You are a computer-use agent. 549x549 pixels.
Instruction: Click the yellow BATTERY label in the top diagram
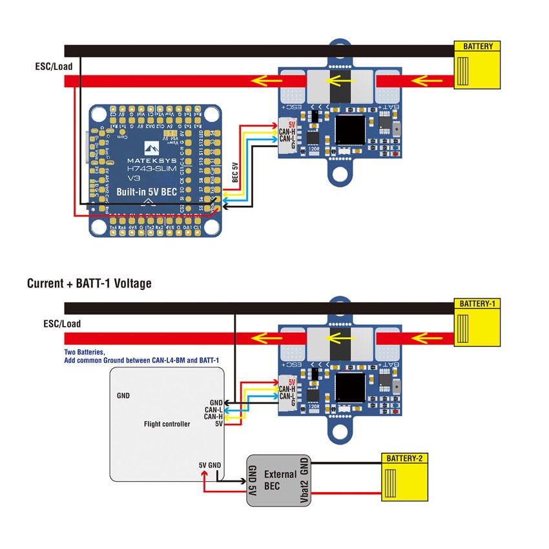(x=478, y=47)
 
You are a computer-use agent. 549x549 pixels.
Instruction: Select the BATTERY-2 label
(x=405, y=459)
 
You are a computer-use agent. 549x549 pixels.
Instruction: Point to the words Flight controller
(x=167, y=424)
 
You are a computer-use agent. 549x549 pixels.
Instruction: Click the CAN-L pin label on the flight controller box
(x=214, y=409)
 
